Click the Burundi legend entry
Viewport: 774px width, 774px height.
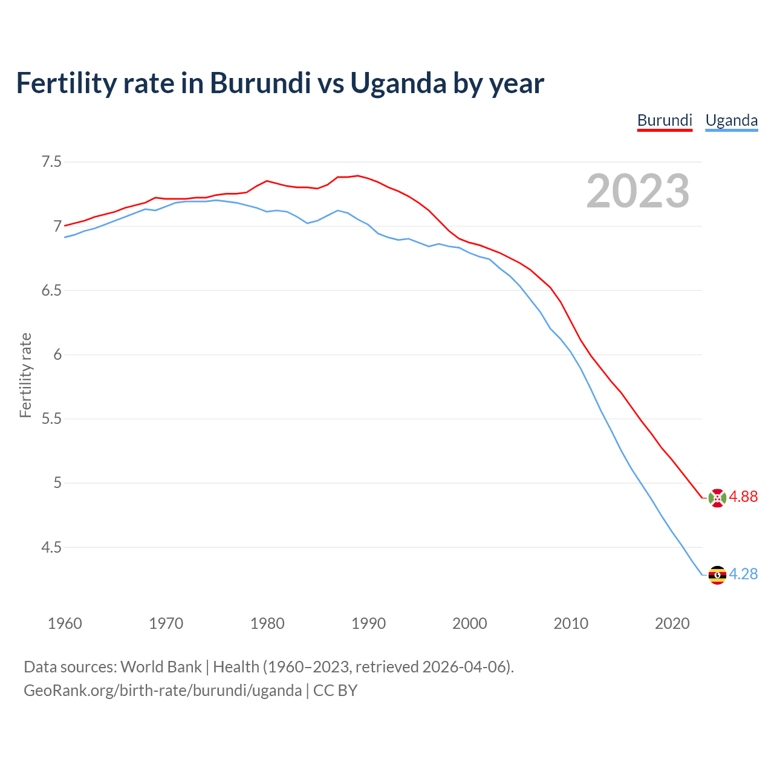tap(665, 120)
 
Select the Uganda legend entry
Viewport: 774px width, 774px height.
tap(732, 120)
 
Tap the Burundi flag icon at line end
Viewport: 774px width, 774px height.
tap(717, 498)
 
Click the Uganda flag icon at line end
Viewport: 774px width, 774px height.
tap(717, 574)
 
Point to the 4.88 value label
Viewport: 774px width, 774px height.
tap(743, 497)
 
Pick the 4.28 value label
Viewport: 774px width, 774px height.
tap(743, 574)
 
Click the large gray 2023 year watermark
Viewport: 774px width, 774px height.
tap(638, 191)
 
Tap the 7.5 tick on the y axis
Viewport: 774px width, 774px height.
tap(51, 162)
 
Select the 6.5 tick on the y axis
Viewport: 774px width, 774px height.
tap(51, 291)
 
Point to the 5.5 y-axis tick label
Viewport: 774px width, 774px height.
tap(51, 419)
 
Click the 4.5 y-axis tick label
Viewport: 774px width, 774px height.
tap(51, 548)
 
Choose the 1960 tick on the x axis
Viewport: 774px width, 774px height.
tap(65, 623)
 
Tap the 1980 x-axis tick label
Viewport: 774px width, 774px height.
tap(267, 623)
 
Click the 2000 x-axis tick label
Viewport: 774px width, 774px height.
tap(470, 623)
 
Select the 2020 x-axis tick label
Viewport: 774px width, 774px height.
tap(672, 623)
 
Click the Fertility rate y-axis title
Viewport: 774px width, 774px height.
tap(25, 375)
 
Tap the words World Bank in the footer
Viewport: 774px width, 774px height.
tap(161, 667)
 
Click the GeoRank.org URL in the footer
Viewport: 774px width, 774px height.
tap(163, 691)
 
